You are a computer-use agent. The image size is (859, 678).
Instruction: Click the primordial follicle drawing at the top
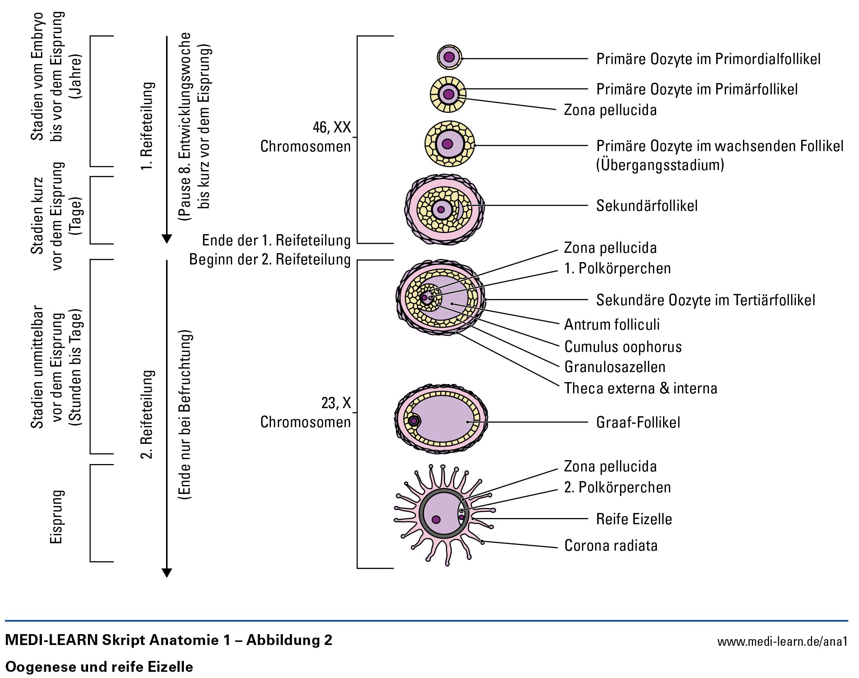[449, 57]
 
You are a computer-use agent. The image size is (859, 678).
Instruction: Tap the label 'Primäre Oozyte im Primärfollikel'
[697, 89]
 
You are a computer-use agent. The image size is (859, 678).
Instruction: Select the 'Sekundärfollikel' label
[646, 206]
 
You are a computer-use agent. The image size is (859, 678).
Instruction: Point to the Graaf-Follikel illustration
[441, 419]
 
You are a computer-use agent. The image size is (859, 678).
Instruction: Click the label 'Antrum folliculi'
[612, 325]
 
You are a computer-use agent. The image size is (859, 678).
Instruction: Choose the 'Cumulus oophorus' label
[623, 346]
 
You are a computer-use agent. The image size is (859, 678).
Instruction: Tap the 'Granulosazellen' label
[615, 367]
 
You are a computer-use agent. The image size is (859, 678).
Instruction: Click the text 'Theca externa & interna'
[641, 388]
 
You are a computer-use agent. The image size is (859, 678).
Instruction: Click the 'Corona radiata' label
[611, 546]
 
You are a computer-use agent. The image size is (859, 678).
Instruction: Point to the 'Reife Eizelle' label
[634, 519]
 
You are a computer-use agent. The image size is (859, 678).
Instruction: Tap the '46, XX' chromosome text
[332, 127]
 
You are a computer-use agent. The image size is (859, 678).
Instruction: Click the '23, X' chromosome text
[336, 403]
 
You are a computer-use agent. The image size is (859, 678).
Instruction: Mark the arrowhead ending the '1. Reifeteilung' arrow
[167, 239]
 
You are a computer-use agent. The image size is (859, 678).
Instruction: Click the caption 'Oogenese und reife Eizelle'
[99, 667]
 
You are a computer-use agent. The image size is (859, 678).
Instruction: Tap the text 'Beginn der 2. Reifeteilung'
[270, 260]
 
